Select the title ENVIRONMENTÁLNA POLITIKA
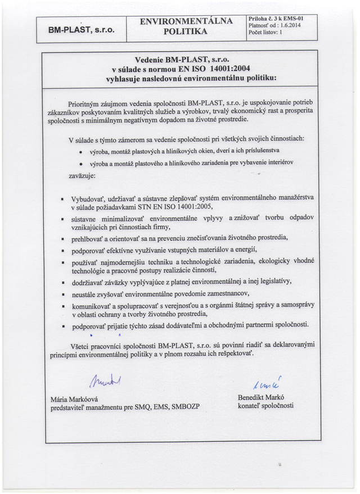186,26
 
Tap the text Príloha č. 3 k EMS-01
276,19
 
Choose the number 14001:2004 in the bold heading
224,69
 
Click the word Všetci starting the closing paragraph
83,345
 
